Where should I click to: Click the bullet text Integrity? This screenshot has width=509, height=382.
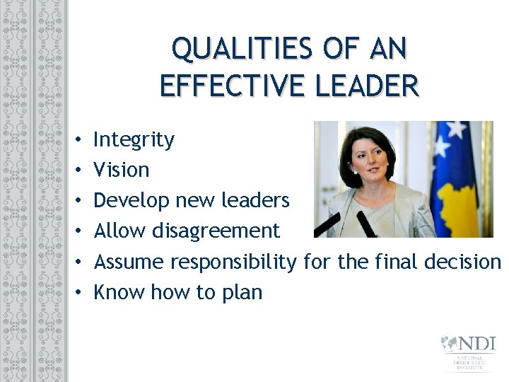[134, 140]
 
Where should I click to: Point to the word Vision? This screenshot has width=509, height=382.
[122, 170]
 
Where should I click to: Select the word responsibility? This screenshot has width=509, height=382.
[234, 262]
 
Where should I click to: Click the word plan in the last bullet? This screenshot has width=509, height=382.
[242, 292]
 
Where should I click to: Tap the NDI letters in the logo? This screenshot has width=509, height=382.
[477, 345]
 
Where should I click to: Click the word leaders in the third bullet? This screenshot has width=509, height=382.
[257, 201]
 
